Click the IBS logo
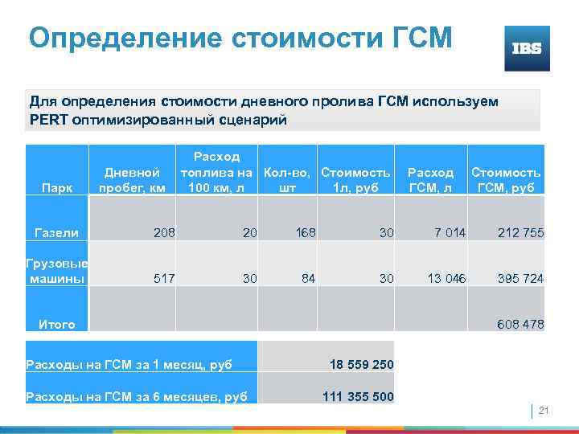coord(527,48)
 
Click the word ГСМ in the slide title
coord(409,37)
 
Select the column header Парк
coord(57,188)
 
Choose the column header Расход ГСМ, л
coord(431,180)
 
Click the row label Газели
coord(56,233)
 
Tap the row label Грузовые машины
coord(57,271)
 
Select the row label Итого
coord(57,325)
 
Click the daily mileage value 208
coord(164,233)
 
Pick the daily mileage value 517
coord(164,278)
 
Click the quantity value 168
coord(306,233)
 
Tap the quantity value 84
coord(307,278)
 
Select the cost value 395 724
coord(520,278)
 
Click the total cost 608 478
coord(520,325)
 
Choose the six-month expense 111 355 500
coord(358,395)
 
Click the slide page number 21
coord(543,411)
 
